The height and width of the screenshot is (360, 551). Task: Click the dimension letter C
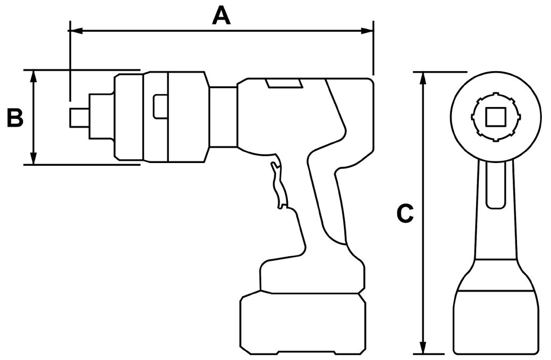(405, 214)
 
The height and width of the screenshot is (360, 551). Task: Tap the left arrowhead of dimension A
(75, 31)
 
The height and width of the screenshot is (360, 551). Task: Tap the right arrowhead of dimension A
(366, 31)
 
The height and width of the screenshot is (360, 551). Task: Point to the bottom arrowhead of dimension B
(33, 158)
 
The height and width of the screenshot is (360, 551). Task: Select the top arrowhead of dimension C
(423, 79)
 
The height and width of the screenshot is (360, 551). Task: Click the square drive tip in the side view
(79, 117)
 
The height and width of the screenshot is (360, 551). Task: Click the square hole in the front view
(496, 117)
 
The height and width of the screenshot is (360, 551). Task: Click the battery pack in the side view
(303, 323)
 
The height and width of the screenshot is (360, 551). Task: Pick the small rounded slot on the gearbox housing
(159, 107)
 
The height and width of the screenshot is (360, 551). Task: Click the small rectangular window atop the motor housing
(284, 83)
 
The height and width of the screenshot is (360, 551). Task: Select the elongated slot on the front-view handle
(496, 186)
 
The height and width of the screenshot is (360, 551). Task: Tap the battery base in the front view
(496, 321)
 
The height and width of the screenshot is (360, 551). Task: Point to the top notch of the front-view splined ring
(496, 95)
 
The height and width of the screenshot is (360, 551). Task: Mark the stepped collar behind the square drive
(102, 116)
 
